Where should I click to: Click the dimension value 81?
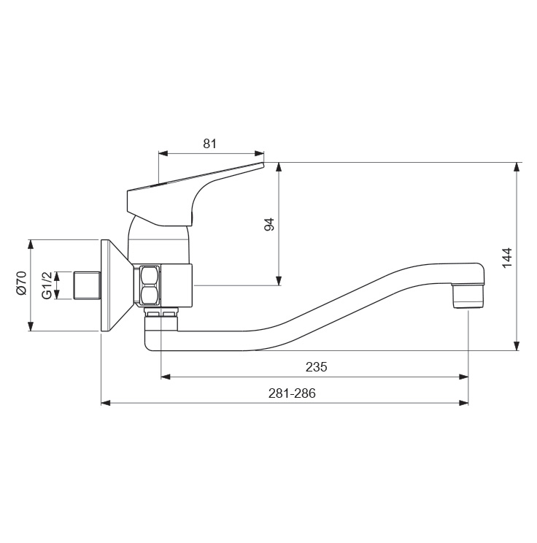(209, 143)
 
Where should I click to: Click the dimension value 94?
(269, 224)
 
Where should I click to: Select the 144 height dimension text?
(507, 258)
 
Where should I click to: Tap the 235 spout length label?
(316, 366)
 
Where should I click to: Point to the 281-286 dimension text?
(292, 393)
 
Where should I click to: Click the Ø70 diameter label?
(21, 283)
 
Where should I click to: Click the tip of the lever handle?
(263, 163)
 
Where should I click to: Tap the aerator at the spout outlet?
(468, 296)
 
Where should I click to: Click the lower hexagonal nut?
(150, 295)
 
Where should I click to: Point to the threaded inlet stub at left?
(88, 285)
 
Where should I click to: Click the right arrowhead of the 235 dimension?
(463, 377)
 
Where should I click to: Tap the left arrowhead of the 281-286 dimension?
(106, 403)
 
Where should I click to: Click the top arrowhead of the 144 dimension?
(517, 167)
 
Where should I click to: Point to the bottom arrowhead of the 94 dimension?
(279, 281)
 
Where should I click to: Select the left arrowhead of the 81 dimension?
(163, 153)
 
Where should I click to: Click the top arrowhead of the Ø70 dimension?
(31, 244)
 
